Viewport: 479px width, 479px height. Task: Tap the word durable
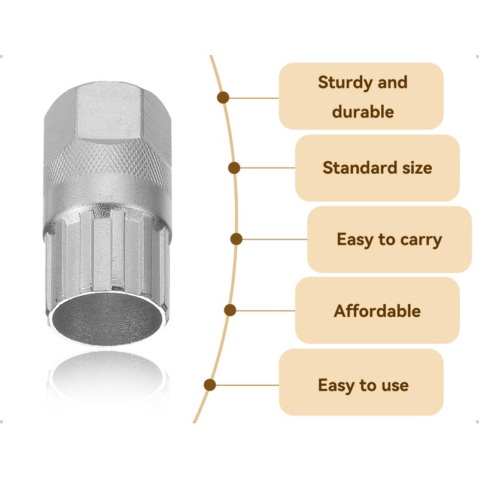coord(363,111)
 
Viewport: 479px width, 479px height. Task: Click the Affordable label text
coord(377,311)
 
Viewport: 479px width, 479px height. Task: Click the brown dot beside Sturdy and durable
coord(223,97)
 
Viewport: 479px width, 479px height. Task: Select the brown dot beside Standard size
coord(235,168)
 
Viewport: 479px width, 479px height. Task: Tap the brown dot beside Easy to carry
coord(237,239)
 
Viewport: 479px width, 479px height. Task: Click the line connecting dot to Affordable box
coord(263,310)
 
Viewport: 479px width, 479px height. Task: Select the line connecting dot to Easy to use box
coord(245,385)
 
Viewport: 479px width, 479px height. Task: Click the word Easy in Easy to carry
coord(354,240)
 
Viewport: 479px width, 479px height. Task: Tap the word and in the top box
coord(393,83)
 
